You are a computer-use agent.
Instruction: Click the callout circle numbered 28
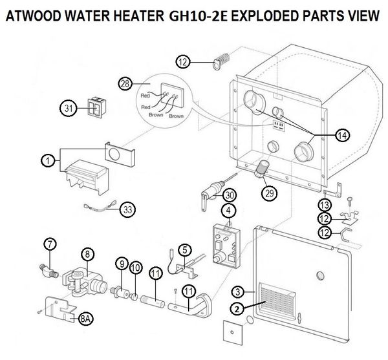point(125,83)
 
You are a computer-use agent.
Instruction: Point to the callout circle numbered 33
point(127,209)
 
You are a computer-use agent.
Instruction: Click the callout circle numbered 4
point(228,210)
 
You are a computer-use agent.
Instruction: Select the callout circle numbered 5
point(185,248)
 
